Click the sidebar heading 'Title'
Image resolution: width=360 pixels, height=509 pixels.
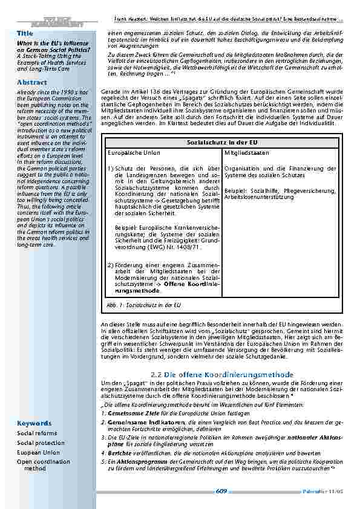[x=25, y=33]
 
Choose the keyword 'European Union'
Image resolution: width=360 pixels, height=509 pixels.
[x=39, y=452]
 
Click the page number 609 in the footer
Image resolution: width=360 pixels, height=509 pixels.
[x=221, y=491]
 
